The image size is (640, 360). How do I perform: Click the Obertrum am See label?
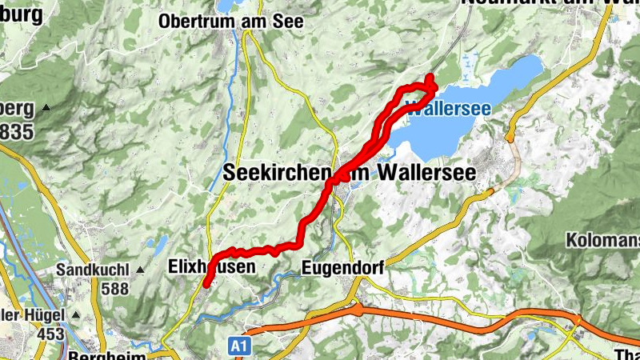[231, 22]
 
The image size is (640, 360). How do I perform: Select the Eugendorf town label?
[343, 267]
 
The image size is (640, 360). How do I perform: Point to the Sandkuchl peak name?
[94, 270]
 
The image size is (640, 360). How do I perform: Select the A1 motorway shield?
[238, 346]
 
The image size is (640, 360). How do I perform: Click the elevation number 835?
[17, 131]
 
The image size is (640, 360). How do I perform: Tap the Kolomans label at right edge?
[602, 240]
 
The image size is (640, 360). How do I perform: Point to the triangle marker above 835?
[46, 108]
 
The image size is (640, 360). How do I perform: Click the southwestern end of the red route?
[206, 282]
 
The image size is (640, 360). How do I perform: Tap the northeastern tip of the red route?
[430, 78]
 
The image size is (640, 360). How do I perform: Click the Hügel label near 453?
[30, 314]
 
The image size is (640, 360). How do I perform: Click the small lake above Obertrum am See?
[226, 4]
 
